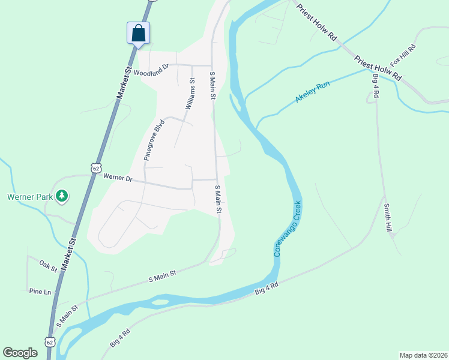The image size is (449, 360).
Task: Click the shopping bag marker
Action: tap(138, 33)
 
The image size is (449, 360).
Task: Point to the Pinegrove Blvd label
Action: tap(154, 140)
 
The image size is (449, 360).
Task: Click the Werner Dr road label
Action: tap(117, 178)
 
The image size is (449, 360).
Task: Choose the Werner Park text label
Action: tap(28, 196)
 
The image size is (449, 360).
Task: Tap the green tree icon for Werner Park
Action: tap(62, 196)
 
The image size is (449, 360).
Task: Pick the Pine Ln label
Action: tap(40, 292)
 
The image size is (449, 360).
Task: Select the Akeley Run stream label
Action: tap(313, 92)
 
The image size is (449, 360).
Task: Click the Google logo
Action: tap(20, 353)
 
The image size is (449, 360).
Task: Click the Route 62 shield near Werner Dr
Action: tap(96, 168)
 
